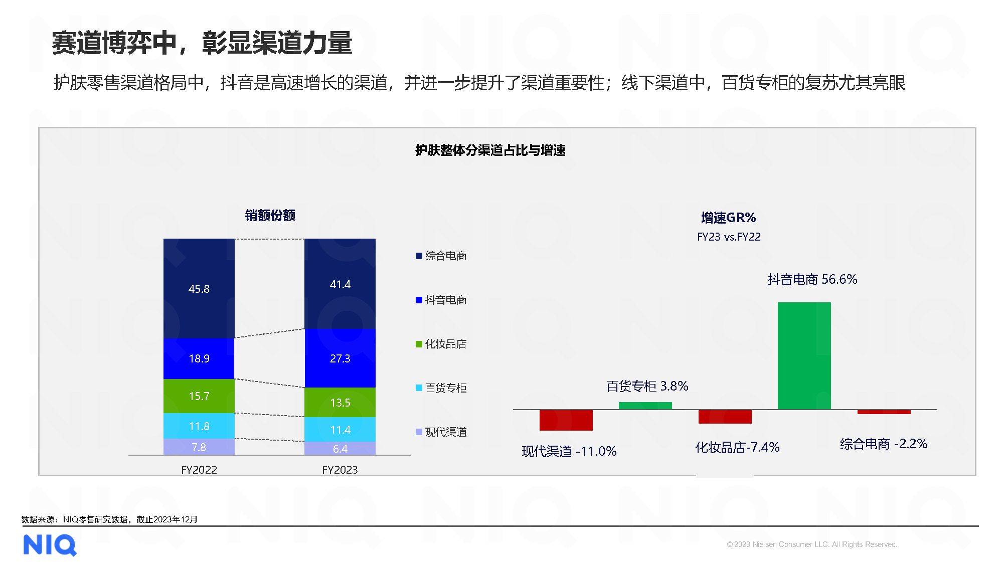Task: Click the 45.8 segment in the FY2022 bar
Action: point(199,288)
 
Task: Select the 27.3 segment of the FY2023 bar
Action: point(340,358)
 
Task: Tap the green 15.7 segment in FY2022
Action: point(199,396)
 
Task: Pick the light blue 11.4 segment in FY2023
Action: point(340,430)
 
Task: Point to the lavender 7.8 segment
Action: point(199,447)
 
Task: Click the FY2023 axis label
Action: point(340,470)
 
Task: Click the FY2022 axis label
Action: point(199,470)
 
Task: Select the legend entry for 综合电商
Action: point(441,256)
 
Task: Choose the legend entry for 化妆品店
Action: point(441,344)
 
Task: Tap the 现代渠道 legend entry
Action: point(441,432)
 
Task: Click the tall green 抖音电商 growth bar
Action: point(804,356)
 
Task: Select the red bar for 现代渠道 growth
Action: point(566,420)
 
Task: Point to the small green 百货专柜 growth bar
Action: point(645,406)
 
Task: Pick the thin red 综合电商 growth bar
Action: point(884,412)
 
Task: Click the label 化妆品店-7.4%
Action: point(737,447)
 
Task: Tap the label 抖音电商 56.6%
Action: point(812,279)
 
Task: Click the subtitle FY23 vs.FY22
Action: point(728,237)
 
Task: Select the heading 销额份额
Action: point(270,216)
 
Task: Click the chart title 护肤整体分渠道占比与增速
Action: point(490,150)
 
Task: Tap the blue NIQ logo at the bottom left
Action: point(50,545)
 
